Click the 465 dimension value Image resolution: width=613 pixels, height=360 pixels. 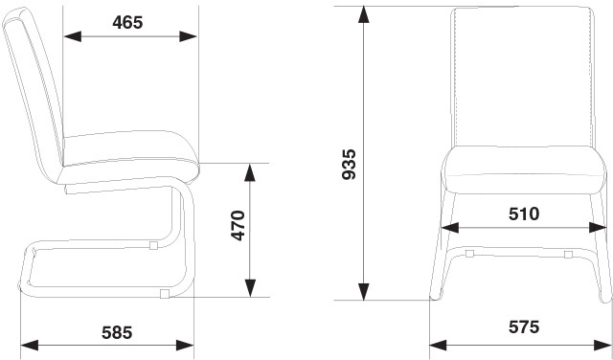(x=127, y=23)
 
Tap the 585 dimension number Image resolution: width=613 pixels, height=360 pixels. (x=117, y=332)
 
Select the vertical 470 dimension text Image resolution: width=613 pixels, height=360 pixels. (x=238, y=226)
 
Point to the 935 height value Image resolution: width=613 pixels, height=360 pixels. (x=349, y=164)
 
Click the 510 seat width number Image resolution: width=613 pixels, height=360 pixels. (x=524, y=214)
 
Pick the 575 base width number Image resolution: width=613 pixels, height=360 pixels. (x=524, y=326)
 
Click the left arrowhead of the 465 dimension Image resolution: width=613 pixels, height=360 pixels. (x=73, y=36)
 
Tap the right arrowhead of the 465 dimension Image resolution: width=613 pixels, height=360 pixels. (x=188, y=36)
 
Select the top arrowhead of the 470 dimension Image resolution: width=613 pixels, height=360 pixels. (x=250, y=172)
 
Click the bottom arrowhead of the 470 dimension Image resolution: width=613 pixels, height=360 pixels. (x=250, y=288)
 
